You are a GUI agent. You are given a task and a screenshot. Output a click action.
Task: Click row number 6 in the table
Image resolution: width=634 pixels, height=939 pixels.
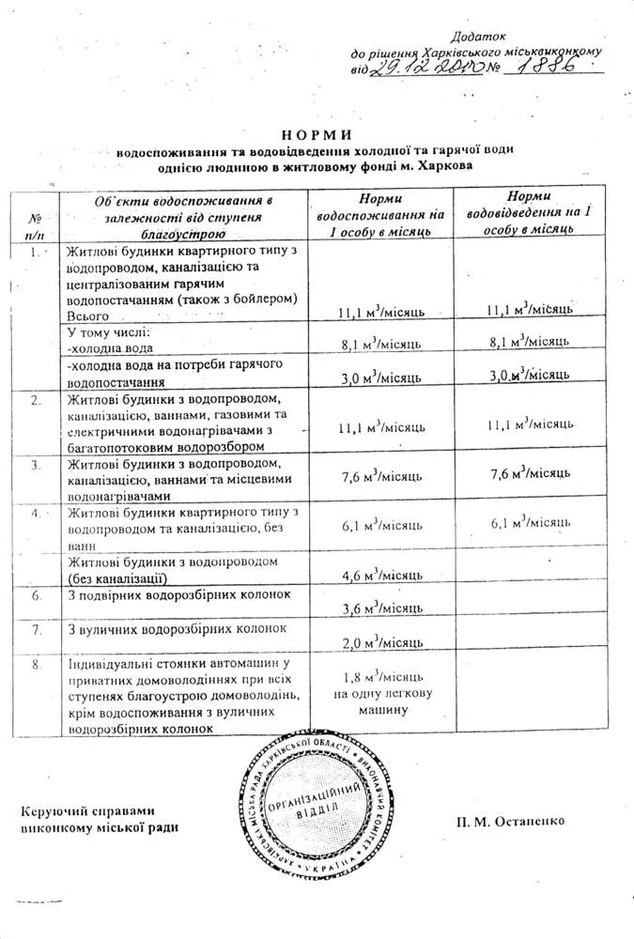coord(35,595)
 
